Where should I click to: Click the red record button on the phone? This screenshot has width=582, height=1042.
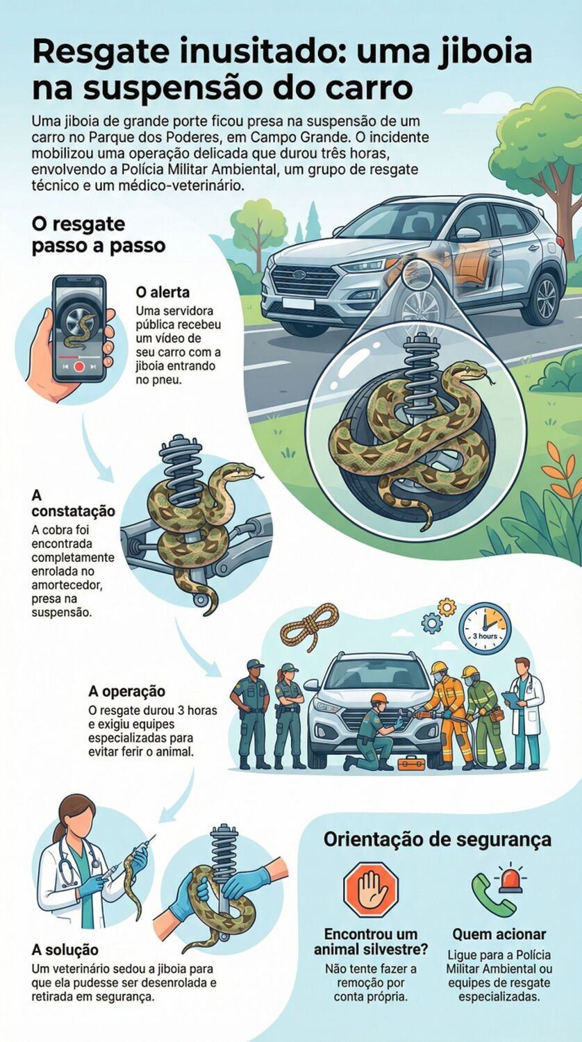(79, 365)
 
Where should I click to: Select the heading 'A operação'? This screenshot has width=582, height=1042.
(127, 691)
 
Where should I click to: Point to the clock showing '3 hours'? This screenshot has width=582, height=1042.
(485, 628)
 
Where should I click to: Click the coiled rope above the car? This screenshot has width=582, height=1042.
(309, 624)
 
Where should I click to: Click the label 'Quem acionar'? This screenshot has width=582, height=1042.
(499, 934)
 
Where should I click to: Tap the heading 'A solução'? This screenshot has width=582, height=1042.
(65, 949)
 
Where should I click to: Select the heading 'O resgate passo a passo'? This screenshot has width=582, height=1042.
(98, 235)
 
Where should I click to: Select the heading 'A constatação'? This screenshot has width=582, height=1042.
(73, 504)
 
